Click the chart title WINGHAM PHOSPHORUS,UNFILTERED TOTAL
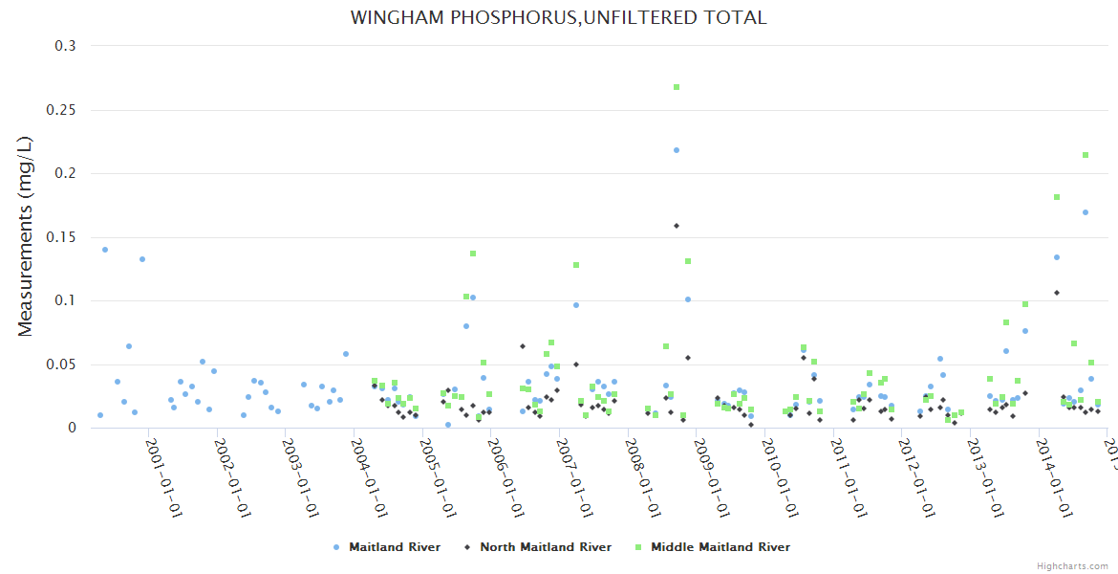click(558, 17)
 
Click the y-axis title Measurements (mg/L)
click(26, 235)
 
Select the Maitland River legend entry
click(394, 547)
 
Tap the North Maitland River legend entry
click(545, 547)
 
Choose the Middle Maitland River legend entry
click(720, 547)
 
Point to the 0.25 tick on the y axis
click(62, 110)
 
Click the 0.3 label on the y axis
click(67, 46)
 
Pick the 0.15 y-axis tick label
click(62, 237)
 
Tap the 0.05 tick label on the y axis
click(62, 364)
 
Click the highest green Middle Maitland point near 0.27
click(677, 87)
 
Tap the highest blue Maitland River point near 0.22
click(677, 150)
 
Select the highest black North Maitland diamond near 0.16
click(677, 226)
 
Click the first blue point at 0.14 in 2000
click(105, 250)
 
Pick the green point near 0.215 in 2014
click(1086, 155)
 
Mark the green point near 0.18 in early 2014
click(1057, 197)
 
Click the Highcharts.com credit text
click(1072, 566)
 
